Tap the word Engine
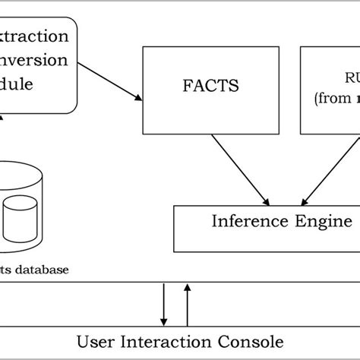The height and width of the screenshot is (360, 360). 324,222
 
